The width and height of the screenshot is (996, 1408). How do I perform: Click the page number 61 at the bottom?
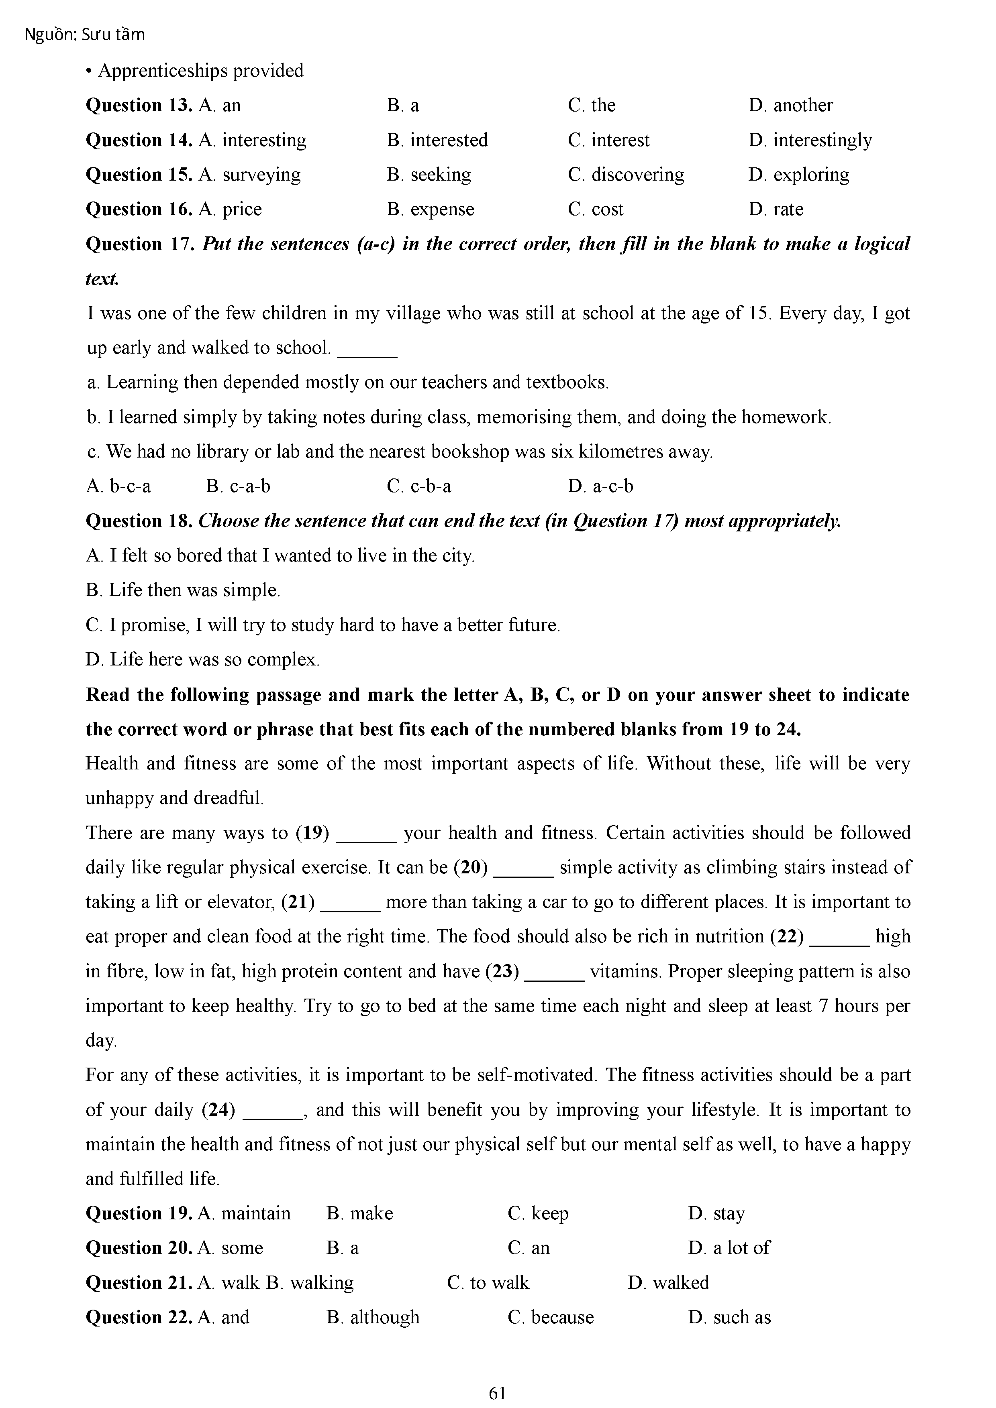tap(497, 1393)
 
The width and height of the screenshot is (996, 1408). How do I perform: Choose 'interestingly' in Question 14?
tap(810, 140)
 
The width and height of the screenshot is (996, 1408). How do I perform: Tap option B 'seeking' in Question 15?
tap(429, 175)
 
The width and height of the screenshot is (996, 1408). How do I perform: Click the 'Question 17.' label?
tap(141, 244)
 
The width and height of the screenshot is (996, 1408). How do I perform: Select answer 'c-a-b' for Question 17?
tap(238, 486)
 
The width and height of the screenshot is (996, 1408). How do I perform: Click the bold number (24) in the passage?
tap(218, 1110)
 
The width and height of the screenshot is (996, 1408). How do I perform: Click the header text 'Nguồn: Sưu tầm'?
tap(85, 35)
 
